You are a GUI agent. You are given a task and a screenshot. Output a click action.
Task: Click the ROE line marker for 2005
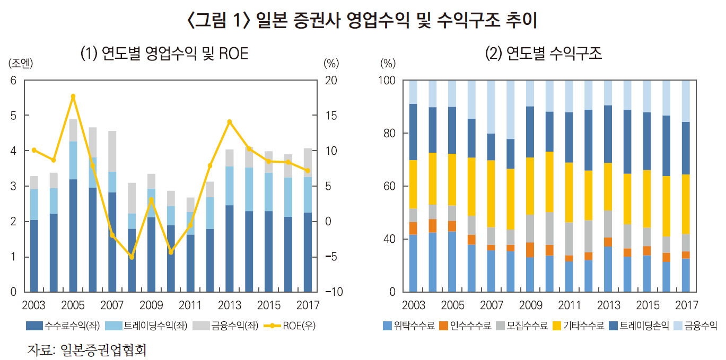[73, 96]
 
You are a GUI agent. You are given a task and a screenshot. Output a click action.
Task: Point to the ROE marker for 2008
[132, 257]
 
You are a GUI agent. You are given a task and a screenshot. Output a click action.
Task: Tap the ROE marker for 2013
[230, 122]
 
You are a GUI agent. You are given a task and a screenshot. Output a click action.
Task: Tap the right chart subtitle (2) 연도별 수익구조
[544, 54]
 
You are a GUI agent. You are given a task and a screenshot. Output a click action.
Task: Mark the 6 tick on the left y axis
[13, 81]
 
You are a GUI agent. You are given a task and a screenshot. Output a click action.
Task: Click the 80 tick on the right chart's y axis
[389, 134]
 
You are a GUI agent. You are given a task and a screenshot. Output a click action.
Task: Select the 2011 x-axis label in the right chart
[569, 306]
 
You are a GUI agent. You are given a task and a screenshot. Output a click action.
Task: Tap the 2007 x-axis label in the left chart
[112, 306]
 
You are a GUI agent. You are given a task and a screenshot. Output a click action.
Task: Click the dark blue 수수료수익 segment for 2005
[73, 235]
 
